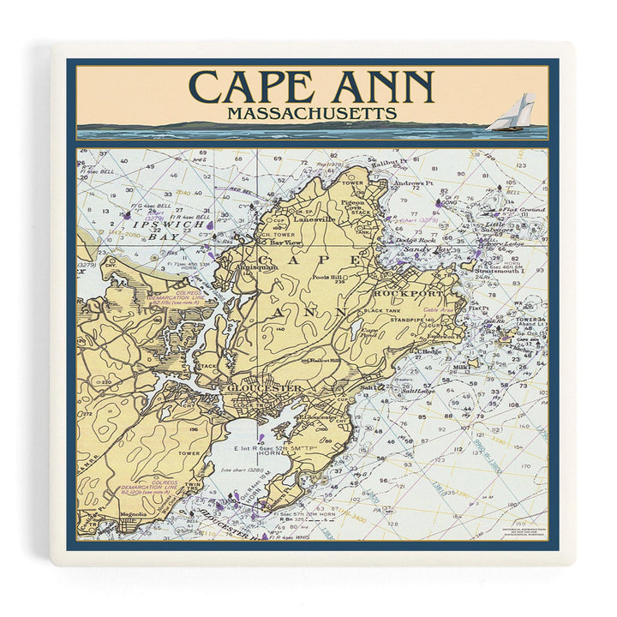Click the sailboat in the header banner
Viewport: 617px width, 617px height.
pos(512,113)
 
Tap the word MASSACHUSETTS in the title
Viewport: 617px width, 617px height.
pos(311,113)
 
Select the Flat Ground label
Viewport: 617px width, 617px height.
pos(523,210)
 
